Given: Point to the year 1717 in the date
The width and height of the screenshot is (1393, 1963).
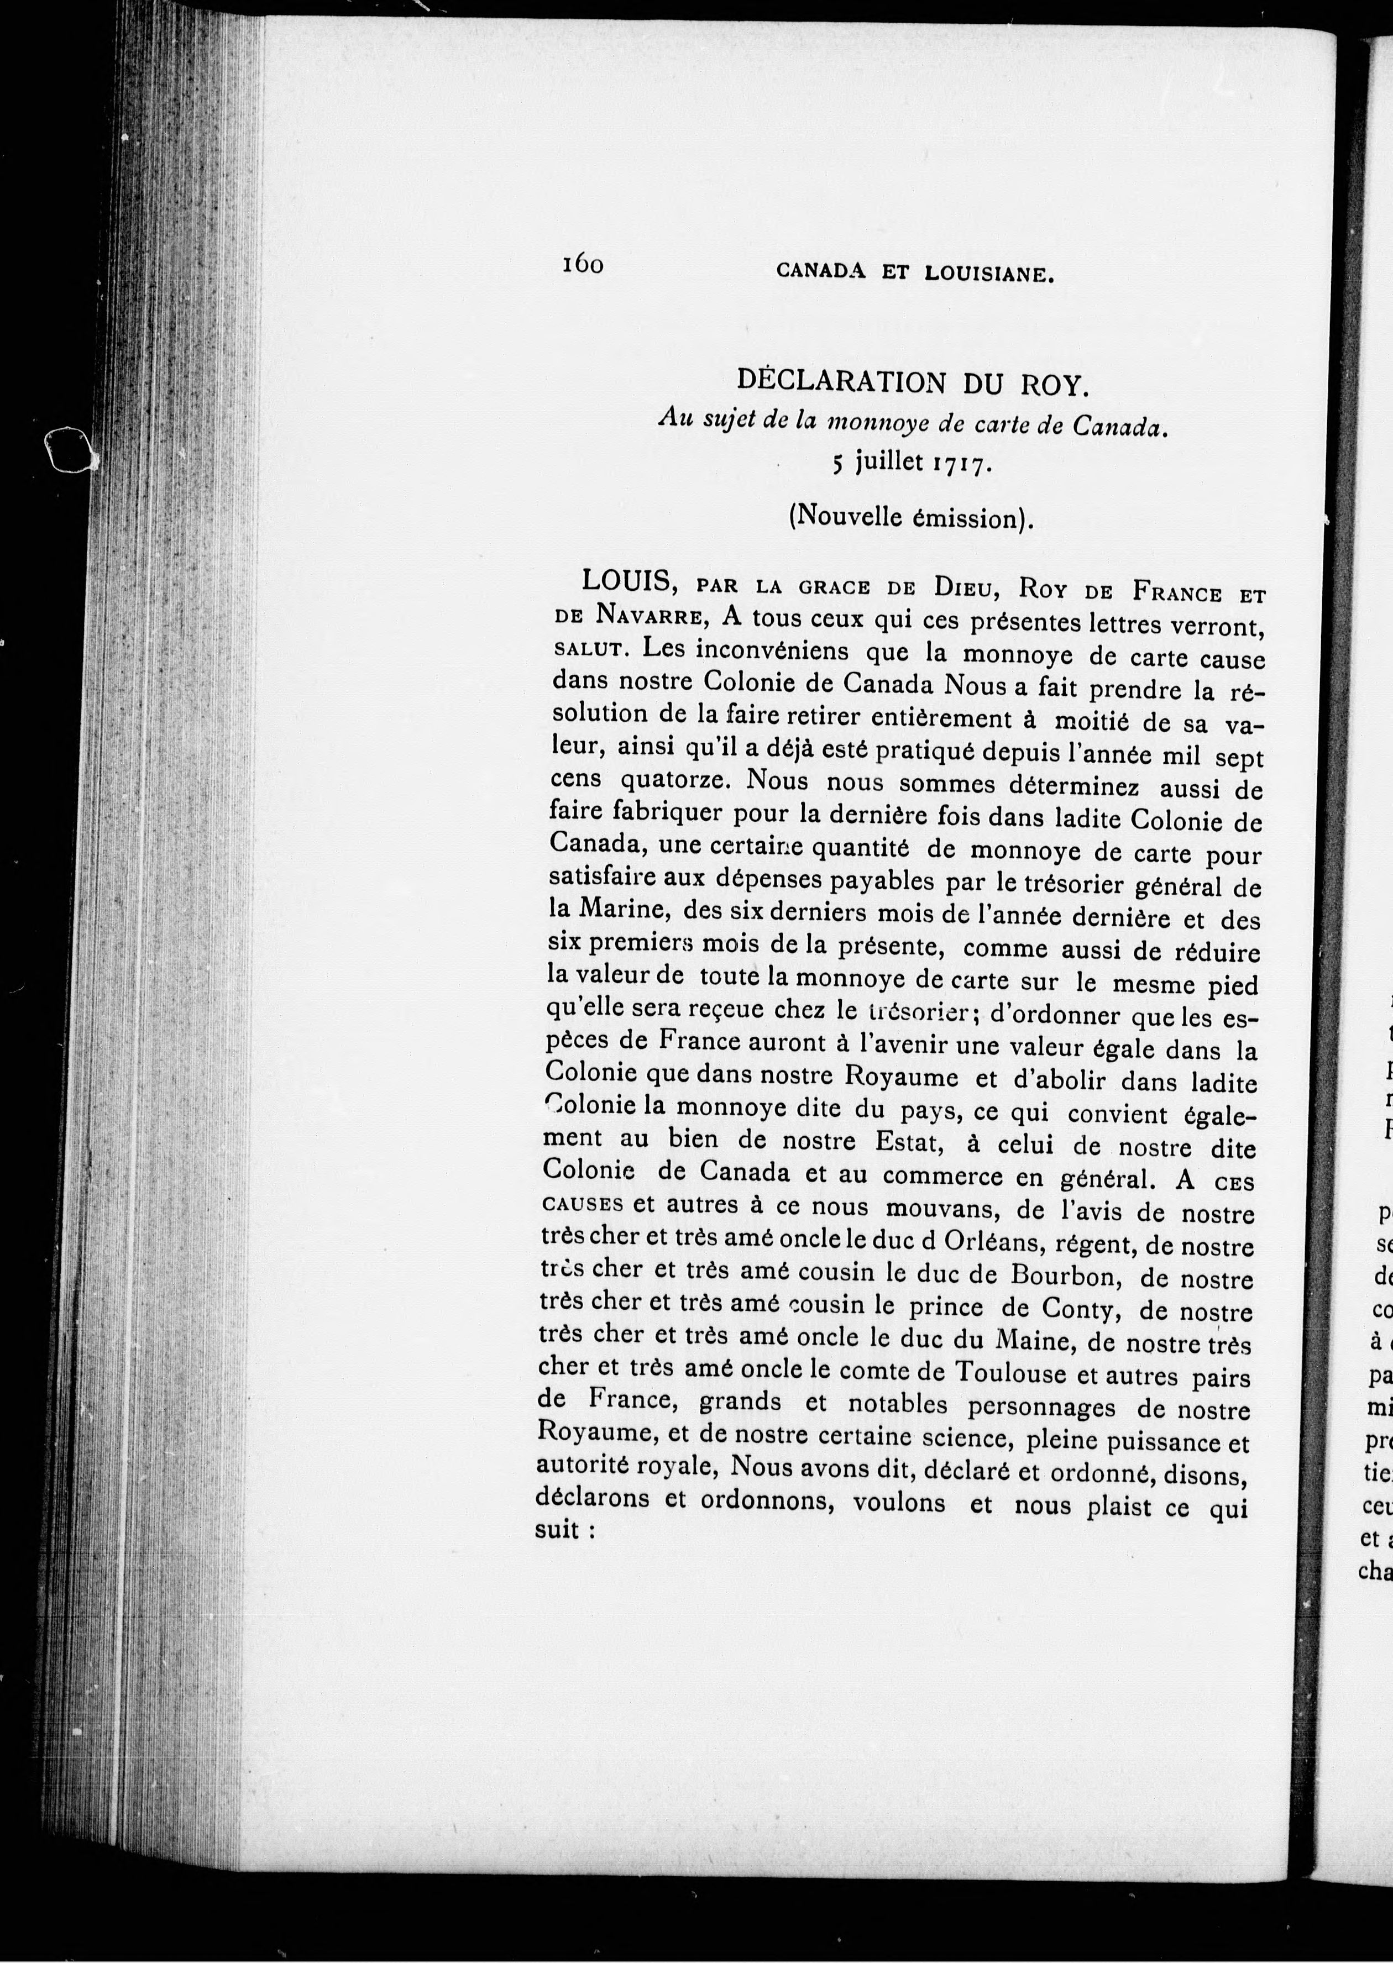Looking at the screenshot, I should [963, 466].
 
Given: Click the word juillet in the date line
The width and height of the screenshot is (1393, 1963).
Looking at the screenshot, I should [889, 464].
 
